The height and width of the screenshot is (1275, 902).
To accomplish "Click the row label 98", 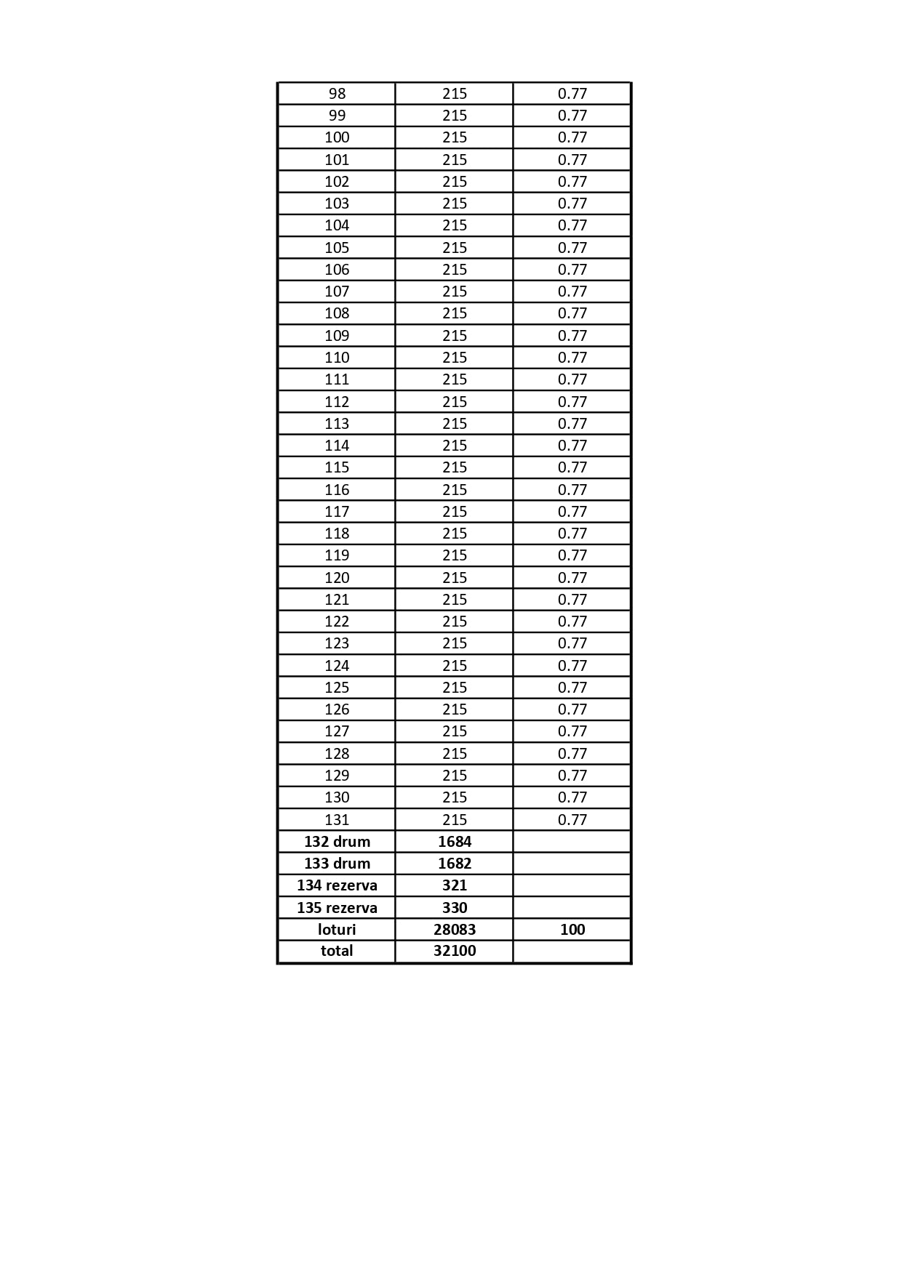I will pyautogui.click(x=337, y=94).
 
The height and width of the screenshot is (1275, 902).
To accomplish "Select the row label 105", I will pyautogui.click(x=337, y=248).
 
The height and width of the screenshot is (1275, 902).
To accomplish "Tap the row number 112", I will pyautogui.click(x=337, y=402).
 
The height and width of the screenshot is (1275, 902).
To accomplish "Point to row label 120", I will pyautogui.click(x=337, y=578).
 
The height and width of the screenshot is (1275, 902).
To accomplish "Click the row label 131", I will pyautogui.click(x=337, y=820).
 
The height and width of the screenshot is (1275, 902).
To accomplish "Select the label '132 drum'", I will pyautogui.click(x=337, y=842).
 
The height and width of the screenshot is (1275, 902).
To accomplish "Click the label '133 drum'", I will pyautogui.click(x=337, y=864).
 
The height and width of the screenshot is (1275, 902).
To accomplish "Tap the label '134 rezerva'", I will pyautogui.click(x=337, y=885).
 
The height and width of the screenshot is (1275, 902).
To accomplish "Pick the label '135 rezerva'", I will pyautogui.click(x=337, y=908).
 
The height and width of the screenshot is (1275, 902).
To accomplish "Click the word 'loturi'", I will pyautogui.click(x=337, y=930).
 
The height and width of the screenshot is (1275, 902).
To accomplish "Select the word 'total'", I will pyautogui.click(x=337, y=951).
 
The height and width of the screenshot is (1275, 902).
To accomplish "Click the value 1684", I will pyautogui.click(x=455, y=842).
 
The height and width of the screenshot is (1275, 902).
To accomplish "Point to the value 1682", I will pyautogui.click(x=455, y=864).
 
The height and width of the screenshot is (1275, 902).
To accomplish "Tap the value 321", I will pyautogui.click(x=455, y=885).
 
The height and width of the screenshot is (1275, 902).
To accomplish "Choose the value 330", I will pyautogui.click(x=455, y=908).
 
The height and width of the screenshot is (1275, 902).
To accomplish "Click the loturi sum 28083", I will pyautogui.click(x=455, y=930).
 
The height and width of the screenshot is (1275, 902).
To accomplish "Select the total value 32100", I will pyautogui.click(x=455, y=951).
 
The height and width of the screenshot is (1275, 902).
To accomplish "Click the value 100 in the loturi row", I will pyautogui.click(x=572, y=930).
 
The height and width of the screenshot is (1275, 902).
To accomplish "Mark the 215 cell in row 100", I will pyautogui.click(x=455, y=137).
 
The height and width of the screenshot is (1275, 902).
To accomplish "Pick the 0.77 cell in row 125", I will pyautogui.click(x=572, y=688).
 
